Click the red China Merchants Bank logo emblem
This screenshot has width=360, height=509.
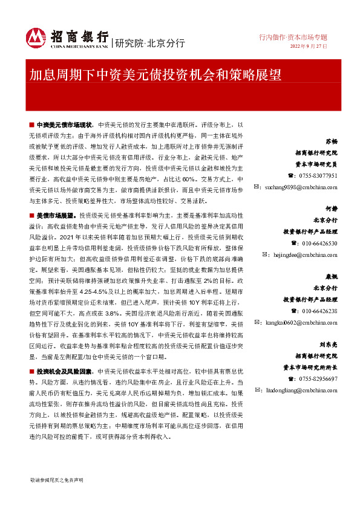pos(36,38)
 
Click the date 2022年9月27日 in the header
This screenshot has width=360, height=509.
pos(309,46)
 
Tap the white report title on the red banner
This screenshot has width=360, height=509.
pos(155,74)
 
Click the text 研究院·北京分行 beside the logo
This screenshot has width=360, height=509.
pos(149,42)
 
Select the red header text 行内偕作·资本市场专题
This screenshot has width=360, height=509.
pos(293,36)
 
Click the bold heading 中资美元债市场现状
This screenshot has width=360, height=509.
pos(63,123)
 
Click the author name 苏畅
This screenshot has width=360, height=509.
pos(331,141)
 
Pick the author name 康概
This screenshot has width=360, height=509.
pos(331,276)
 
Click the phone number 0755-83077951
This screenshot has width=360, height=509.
pos(318,175)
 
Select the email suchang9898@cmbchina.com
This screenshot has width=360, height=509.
pos(301,187)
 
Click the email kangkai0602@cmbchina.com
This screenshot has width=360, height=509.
pos(301,323)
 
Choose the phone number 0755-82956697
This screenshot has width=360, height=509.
pos(318,378)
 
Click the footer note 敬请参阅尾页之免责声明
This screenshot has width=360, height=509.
pos(56,479)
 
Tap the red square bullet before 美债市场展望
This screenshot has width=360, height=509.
pos(32,215)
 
